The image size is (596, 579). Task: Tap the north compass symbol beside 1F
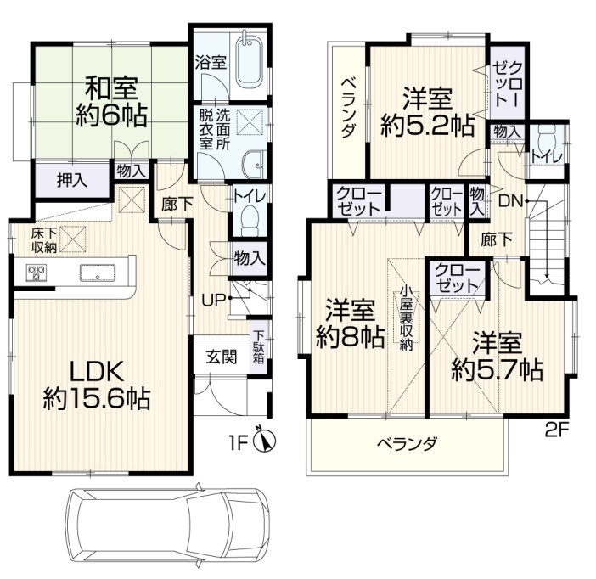pyautogui.click(x=266, y=441)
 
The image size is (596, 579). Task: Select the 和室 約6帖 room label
pyautogui.click(x=111, y=102)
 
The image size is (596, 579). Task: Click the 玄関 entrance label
pyautogui.click(x=222, y=357)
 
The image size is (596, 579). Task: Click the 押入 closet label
pyautogui.click(x=72, y=180)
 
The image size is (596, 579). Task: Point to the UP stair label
pyautogui.click(x=214, y=301)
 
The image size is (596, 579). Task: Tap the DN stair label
pyautogui.click(x=511, y=200)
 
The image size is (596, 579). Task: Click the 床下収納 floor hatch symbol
pyautogui.click(x=73, y=239)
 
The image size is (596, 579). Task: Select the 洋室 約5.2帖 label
pyautogui.click(x=428, y=111)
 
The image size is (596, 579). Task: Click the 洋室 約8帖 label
pyautogui.click(x=350, y=323)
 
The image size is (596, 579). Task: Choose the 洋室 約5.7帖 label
pyautogui.click(x=498, y=356)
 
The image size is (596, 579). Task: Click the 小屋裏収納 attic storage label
pyautogui.click(x=406, y=318)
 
